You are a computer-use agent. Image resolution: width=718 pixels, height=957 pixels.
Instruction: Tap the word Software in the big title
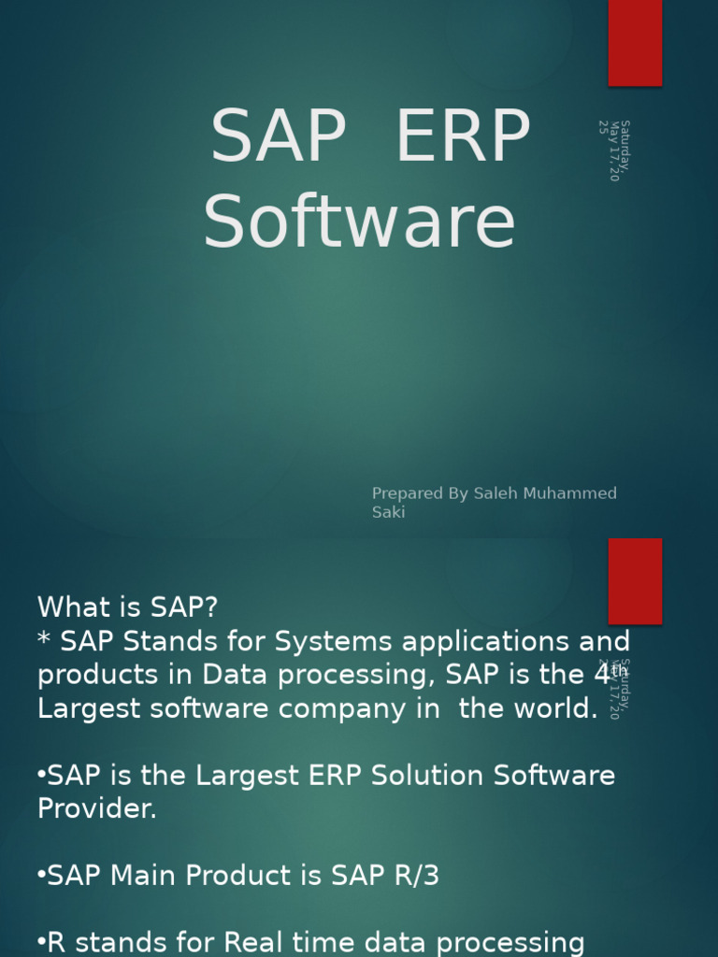[x=360, y=222]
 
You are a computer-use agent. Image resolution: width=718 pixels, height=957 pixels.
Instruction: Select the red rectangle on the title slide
[x=635, y=43]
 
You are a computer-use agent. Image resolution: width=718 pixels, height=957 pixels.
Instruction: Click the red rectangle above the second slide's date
[x=635, y=580]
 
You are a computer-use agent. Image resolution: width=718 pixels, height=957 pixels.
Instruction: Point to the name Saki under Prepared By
[x=389, y=512]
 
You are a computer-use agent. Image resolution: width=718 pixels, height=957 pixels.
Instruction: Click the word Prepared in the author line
[x=407, y=493]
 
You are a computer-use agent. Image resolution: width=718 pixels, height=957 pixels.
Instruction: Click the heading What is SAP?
[x=127, y=607]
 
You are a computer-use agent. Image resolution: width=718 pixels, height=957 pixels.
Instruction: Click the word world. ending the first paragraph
[x=553, y=708]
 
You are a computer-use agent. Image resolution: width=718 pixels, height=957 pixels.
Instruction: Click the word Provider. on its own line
[x=97, y=809]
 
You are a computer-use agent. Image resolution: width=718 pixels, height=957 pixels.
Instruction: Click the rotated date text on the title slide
[x=614, y=150]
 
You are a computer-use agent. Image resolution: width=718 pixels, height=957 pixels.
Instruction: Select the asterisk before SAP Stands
[x=44, y=641]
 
